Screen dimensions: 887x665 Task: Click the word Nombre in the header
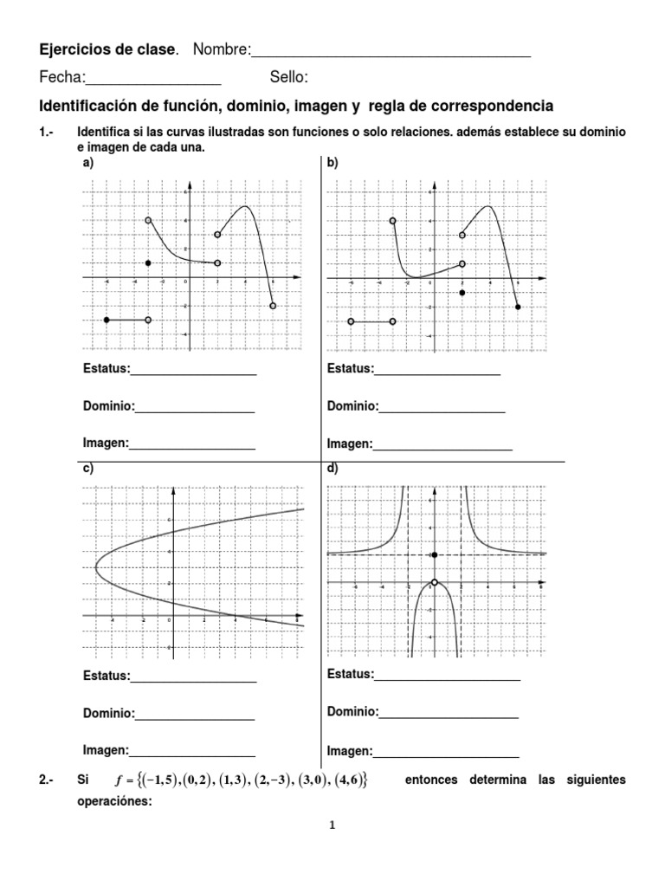pyautogui.click(x=220, y=51)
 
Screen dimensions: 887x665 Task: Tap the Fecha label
pyautogui.click(x=61, y=78)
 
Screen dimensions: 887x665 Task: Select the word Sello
pyautogui.click(x=288, y=78)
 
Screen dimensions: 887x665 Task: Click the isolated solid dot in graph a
pyautogui.click(x=149, y=262)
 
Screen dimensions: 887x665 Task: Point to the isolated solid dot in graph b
pyautogui.click(x=462, y=293)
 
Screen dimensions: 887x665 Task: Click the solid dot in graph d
pyautogui.click(x=434, y=554)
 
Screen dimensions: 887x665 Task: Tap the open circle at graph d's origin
pyautogui.click(x=434, y=583)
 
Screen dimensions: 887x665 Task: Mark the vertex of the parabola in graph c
pyautogui.click(x=95, y=567)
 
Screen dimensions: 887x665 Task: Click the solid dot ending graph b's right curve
pyautogui.click(x=518, y=307)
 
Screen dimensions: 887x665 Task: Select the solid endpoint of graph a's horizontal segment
pyautogui.click(x=107, y=320)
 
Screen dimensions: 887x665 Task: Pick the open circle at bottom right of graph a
pyautogui.click(x=273, y=306)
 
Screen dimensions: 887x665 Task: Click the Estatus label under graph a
pyautogui.click(x=106, y=369)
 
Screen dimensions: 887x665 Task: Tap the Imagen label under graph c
pyautogui.click(x=105, y=750)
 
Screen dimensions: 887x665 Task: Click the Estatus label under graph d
pyautogui.click(x=350, y=674)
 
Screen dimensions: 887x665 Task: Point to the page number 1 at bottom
pyautogui.click(x=332, y=825)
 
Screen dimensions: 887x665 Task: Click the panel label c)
pyautogui.click(x=87, y=469)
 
